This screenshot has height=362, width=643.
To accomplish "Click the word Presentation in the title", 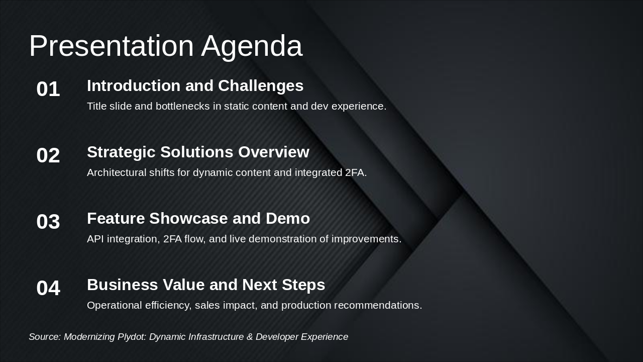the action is (112, 45).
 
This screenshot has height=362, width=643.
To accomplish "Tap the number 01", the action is (48, 89).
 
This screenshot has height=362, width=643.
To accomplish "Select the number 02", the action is (48, 155).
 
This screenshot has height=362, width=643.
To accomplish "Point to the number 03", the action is (48, 222).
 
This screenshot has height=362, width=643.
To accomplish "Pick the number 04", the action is (48, 288).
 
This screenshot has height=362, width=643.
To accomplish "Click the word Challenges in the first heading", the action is (261, 86).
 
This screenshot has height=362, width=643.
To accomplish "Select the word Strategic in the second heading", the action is (122, 153).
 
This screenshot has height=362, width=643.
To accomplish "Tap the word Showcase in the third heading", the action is (189, 218).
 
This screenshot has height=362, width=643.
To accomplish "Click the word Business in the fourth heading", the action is (123, 285).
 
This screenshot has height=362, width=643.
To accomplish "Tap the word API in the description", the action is (95, 239).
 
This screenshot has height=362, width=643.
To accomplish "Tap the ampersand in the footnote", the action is (250, 337).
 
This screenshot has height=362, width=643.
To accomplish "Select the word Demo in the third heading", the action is (288, 218).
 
